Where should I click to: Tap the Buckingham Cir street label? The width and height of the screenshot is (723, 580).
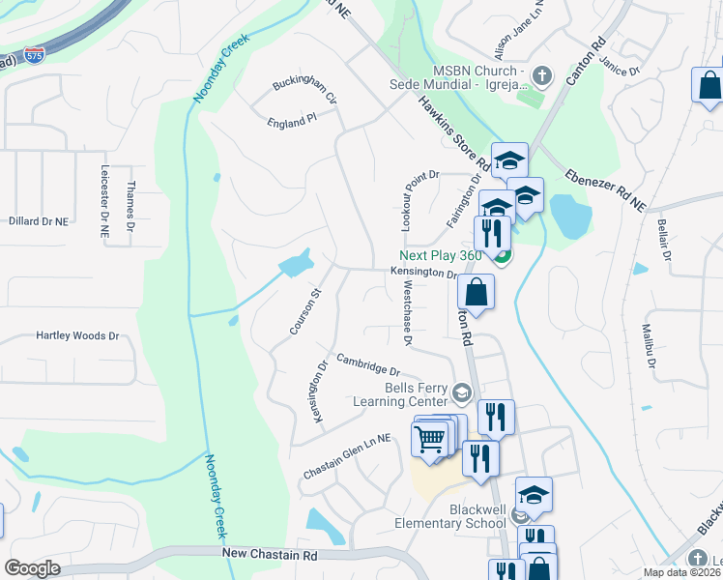tap(304, 90)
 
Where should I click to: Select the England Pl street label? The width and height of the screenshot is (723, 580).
tap(292, 120)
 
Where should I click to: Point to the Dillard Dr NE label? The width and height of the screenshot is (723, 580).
tap(39, 220)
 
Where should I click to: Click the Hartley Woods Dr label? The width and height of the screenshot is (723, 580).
tap(77, 336)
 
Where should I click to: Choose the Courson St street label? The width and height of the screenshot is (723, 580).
tap(304, 312)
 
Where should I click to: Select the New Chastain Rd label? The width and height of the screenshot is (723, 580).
tap(270, 555)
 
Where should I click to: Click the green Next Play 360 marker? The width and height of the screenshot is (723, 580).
tap(502, 256)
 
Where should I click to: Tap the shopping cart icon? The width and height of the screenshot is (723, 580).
tap(430, 440)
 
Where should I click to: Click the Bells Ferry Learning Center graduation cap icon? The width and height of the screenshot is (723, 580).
tap(462, 392)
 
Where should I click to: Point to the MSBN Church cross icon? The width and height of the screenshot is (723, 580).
tap(542, 74)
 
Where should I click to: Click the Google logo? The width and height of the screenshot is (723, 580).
tap(32, 568)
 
